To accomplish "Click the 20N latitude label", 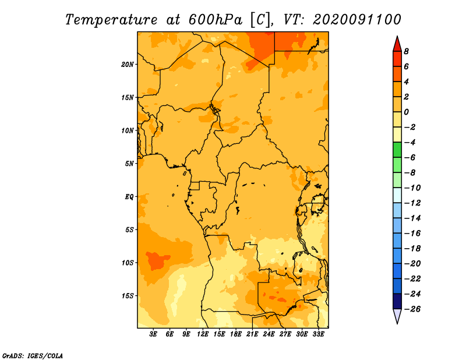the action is [x=128, y=65].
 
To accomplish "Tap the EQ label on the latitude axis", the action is [x=129, y=197].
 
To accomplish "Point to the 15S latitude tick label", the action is [x=128, y=296].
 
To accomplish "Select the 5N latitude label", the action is [x=129, y=164].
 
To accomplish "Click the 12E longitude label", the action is [x=203, y=334].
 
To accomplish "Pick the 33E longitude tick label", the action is [x=318, y=334].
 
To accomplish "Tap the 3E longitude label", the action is [x=153, y=334].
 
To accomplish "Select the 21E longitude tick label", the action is [x=252, y=334].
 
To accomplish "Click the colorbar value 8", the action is [x=406, y=51].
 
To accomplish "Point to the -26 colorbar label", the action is [x=412, y=309].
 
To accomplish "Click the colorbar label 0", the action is [x=406, y=112].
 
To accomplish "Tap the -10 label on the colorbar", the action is [x=412, y=188].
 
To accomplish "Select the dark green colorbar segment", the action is [x=397, y=150].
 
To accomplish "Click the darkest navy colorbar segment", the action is [x=397, y=301].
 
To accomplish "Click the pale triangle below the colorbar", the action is [x=397, y=316].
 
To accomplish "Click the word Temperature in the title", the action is [x=111, y=20].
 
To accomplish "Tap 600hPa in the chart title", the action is [x=216, y=20].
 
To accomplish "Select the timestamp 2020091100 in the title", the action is [x=357, y=20].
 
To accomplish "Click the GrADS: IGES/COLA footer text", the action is [x=33, y=356].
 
